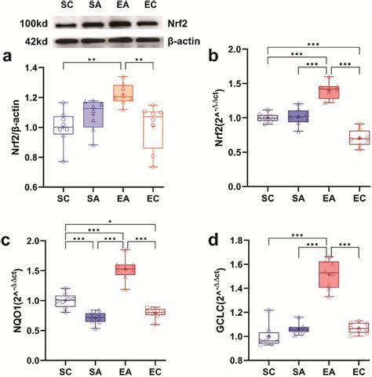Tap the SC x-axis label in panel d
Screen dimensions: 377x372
(269, 366)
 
